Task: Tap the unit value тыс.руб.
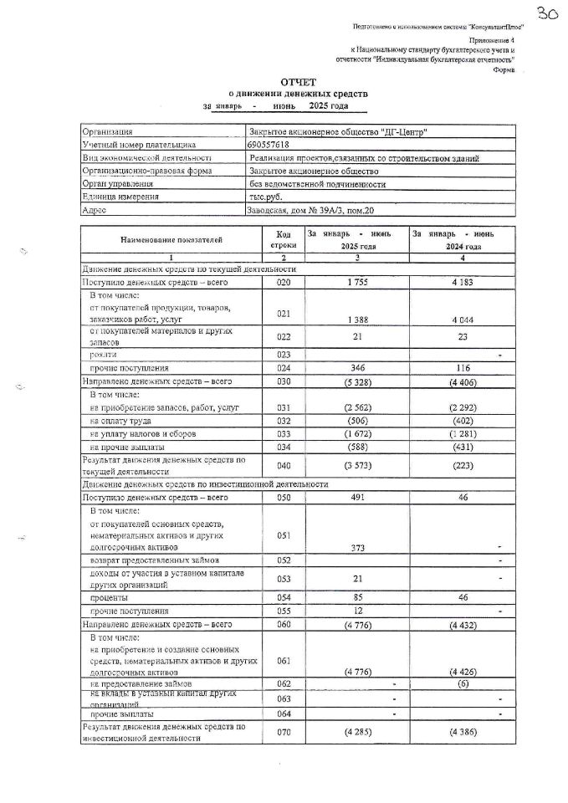(265, 197)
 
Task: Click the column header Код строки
(278, 240)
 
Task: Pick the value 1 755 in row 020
(356, 284)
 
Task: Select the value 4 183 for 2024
(461, 284)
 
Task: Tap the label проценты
(109, 598)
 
